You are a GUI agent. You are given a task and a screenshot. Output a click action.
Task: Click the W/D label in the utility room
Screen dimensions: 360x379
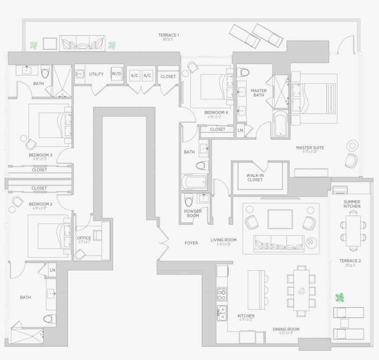point(116,74)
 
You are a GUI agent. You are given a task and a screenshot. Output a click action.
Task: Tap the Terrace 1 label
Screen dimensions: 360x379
point(168,35)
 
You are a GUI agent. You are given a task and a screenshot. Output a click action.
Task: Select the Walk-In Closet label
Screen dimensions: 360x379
point(255,177)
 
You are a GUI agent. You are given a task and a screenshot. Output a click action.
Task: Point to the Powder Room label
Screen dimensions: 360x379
point(193,213)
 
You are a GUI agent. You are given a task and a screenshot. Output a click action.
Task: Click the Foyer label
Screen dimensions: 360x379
point(191,243)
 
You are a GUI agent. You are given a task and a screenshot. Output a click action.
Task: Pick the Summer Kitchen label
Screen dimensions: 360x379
point(352,204)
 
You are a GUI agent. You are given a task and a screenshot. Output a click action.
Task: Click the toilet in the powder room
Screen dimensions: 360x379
point(189,200)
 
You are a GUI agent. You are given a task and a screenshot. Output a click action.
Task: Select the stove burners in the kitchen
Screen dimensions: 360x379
point(222,294)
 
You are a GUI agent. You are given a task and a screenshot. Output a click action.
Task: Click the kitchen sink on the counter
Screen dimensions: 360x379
point(222,313)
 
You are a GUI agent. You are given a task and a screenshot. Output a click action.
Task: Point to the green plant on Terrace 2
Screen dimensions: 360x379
point(340,297)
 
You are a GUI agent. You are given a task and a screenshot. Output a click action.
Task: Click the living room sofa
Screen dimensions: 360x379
point(279,242)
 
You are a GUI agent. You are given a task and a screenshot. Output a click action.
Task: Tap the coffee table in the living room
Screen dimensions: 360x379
point(280,219)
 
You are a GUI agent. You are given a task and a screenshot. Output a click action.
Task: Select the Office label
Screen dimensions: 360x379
point(84,239)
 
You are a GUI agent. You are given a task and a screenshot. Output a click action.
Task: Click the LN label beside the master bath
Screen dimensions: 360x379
point(240,130)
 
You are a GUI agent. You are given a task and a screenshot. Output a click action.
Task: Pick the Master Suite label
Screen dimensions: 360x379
point(310,148)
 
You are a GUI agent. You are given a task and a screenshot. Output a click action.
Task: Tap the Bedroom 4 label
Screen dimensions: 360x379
point(216,112)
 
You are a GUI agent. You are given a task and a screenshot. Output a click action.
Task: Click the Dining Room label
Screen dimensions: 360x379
point(286,329)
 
